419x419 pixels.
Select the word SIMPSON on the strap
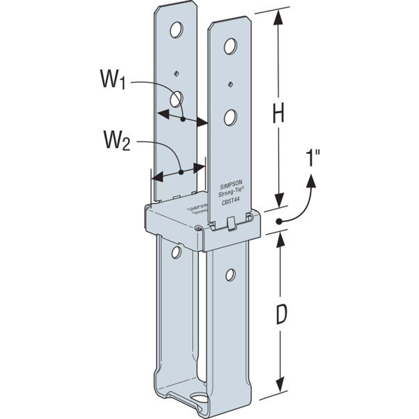click(231, 185)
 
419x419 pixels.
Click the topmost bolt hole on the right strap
click(230, 46)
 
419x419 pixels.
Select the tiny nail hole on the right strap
click(230, 84)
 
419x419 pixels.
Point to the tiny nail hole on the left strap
click(176, 73)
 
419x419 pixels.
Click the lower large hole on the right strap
click(230, 118)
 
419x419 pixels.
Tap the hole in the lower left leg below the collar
click(176, 252)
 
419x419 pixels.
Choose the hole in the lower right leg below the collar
click(230, 274)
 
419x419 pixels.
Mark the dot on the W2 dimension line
click(181, 172)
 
